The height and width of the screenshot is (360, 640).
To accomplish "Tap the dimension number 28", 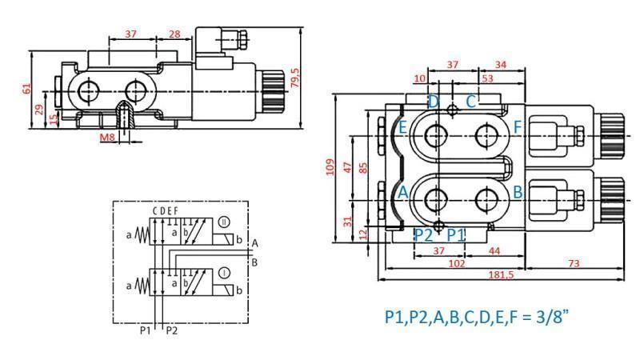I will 174,34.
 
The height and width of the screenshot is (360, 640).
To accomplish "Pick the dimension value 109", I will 329,167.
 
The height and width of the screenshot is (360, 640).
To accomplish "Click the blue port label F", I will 518,126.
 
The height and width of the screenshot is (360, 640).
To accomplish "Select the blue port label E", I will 402,127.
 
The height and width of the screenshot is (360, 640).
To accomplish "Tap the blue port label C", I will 471,102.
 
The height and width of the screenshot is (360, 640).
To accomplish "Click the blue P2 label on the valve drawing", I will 424,234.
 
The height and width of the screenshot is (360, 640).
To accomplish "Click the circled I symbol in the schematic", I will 225,273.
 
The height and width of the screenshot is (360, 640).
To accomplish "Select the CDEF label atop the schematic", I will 166,210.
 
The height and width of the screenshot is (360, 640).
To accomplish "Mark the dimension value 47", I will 348,167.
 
